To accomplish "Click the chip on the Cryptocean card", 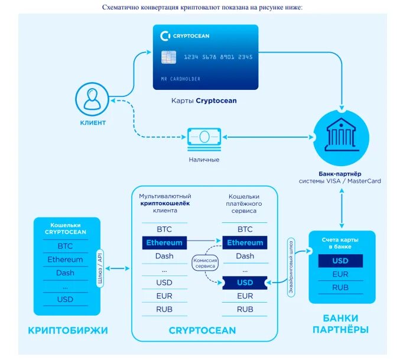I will tap(168, 57).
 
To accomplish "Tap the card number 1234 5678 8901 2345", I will tap(218, 57).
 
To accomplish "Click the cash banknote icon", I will tap(204, 138).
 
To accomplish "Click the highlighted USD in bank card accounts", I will tap(340, 260).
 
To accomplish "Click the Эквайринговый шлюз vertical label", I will tap(291, 267).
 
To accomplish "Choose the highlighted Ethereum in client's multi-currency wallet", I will tap(164, 242).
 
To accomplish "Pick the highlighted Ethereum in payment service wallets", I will tap(245, 242).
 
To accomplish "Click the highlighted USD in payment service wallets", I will tap(245, 283).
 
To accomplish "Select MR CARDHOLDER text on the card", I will tap(180, 79).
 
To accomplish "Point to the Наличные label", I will tap(204, 160).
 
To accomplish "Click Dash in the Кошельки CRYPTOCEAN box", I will tap(65, 273).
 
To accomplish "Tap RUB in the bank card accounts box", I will tap(340, 288).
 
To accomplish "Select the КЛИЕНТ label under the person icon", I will tap(93, 123).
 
